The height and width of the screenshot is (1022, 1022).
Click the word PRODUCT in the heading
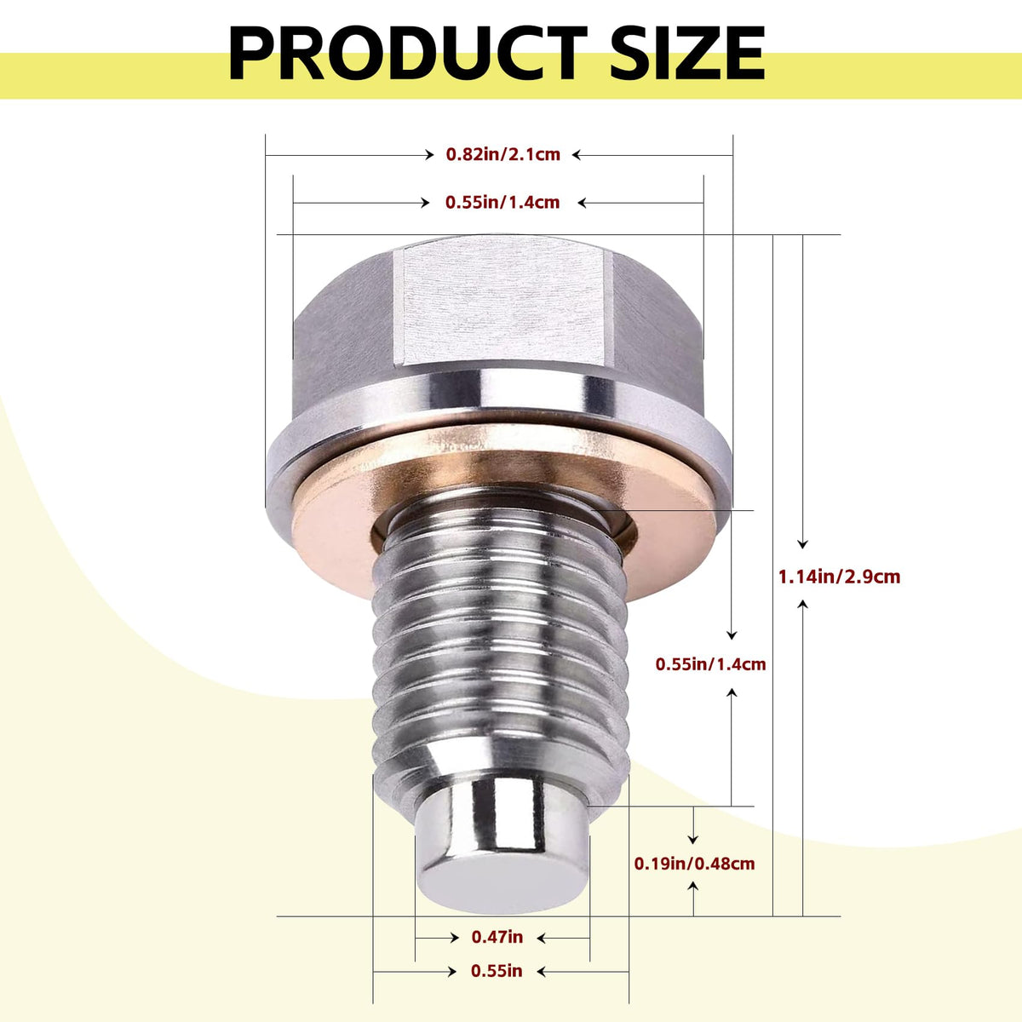(408, 53)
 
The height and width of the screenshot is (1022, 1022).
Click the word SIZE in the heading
(687, 53)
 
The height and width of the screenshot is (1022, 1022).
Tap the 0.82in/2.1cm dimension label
(502, 154)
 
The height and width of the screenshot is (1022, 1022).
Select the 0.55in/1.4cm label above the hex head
(502, 202)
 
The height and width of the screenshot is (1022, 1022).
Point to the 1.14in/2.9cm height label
(840, 577)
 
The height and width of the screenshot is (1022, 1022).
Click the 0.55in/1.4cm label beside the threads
(710, 664)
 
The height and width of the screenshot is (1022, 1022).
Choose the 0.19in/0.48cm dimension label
(694, 864)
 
